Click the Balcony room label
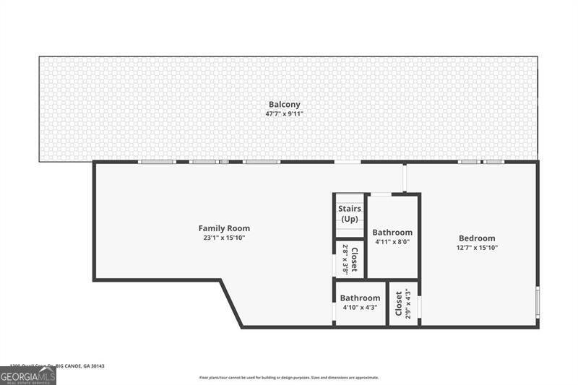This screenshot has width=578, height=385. tap(285, 104)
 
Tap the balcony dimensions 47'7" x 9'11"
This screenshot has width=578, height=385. tap(285, 113)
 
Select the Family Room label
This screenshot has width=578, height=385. tap(225, 228)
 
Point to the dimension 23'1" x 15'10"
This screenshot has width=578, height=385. tap(225, 238)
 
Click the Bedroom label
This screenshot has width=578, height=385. tap(477, 238)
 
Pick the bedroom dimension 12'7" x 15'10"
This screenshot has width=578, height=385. tap(477, 248)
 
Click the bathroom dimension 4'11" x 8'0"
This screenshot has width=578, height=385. tap(392, 242)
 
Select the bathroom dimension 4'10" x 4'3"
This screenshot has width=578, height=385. tap(360, 308)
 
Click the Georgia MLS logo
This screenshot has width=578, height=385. tap(28, 376)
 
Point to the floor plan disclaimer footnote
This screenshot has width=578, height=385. tap(289, 378)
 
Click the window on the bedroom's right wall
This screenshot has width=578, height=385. tap(538, 304)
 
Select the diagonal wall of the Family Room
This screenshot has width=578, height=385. tap(231, 303)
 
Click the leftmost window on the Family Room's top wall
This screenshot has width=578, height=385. tap(158, 162)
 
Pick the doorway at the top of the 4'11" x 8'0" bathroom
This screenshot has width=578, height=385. tap(381, 194)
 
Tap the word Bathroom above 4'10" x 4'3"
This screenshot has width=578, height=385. tap(360, 298)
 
